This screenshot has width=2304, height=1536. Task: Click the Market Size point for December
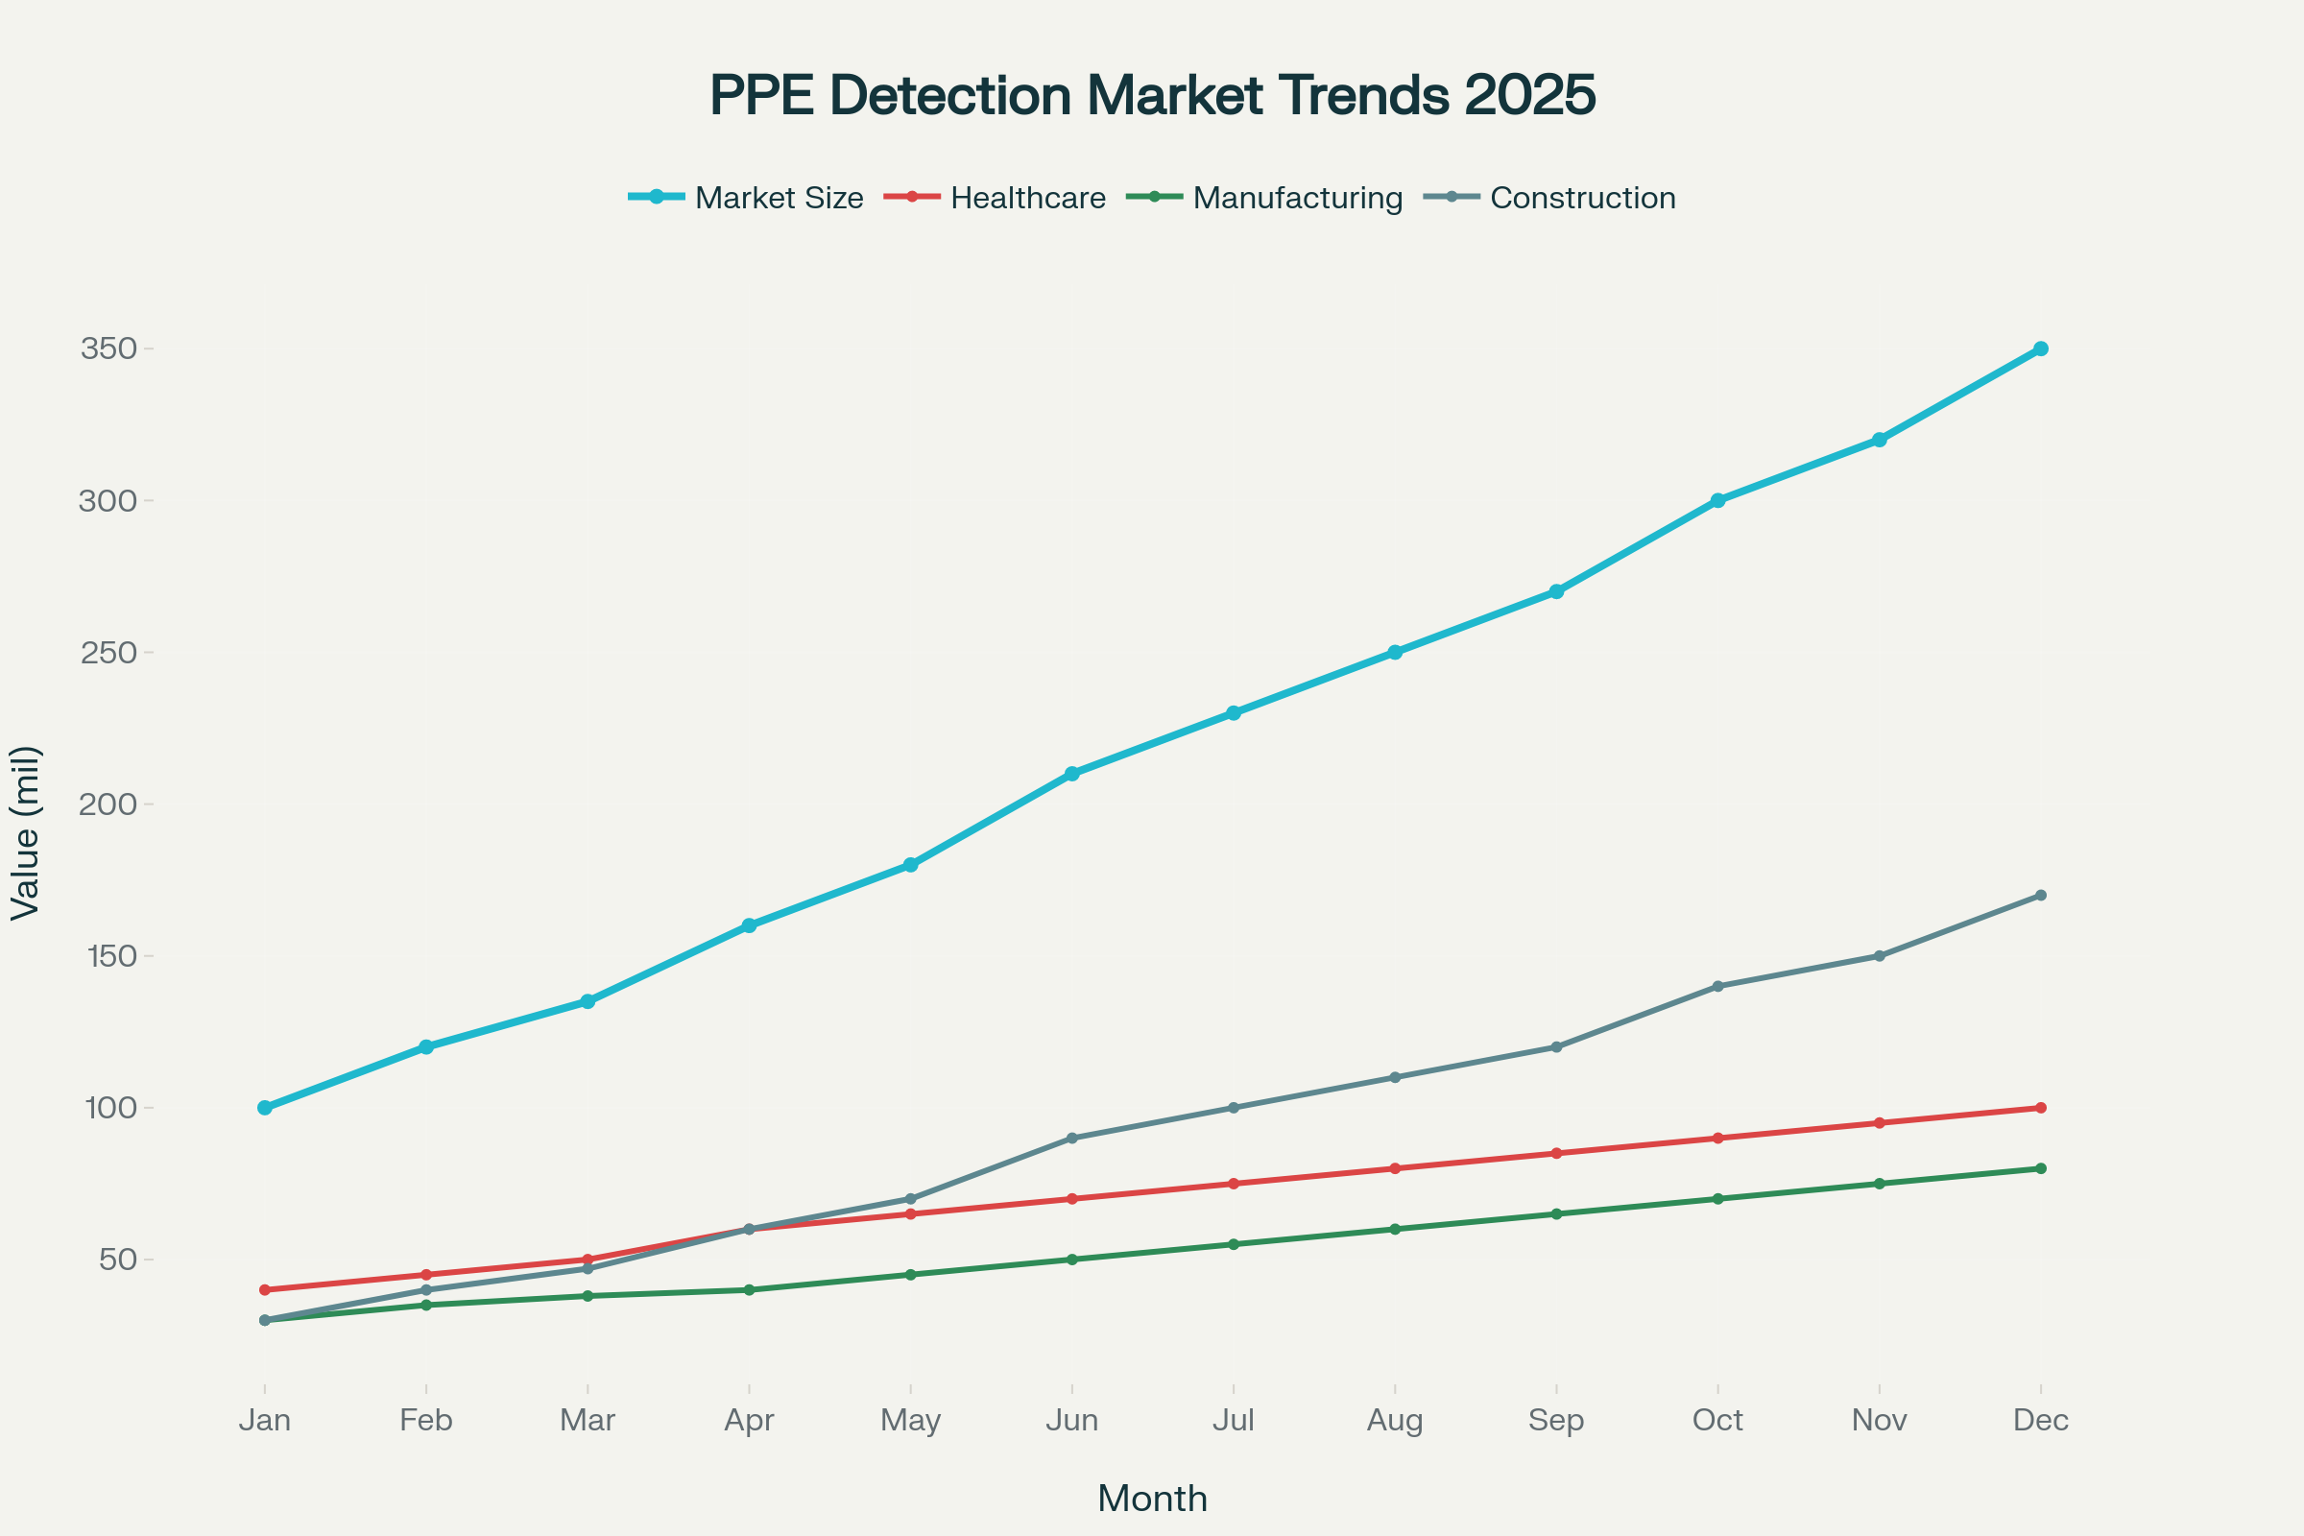(x=2041, y=348)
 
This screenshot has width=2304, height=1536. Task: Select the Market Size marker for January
(x=265, y=1108)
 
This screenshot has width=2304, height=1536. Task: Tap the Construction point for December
(x=2041, y=896)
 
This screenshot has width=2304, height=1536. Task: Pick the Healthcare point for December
(x=2041, y=1108)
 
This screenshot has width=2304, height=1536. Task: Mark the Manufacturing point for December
(x=2041, y=1168)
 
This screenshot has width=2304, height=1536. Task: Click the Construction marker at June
(x=1071, y=1139)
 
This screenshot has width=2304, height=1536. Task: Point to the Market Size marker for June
(x=1071, y=774)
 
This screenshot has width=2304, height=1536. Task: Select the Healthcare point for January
(x=265, y=1290)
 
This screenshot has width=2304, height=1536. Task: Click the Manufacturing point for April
(x=750, y=1290)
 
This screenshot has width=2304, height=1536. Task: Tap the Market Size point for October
(x=1717, y=500)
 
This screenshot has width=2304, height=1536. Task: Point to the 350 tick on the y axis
(x=108, y=348)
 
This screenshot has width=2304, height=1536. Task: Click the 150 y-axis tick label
(x=110, y=956)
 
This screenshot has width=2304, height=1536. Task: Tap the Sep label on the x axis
(x=1555, y=1421)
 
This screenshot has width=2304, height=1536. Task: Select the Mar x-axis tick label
(x=588, y=1421)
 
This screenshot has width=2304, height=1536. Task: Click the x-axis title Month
(x=1152, y=1499)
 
